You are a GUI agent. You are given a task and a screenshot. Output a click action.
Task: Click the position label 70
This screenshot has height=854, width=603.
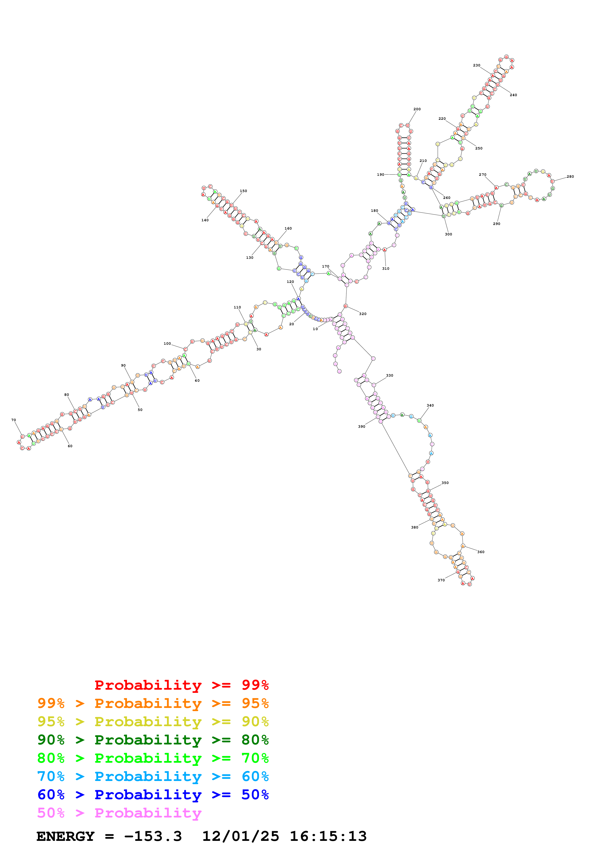click(14, 420)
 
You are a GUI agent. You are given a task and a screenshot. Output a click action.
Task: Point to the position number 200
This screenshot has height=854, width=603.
click(417, 109)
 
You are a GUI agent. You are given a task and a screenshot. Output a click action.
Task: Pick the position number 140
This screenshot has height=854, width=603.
click(205, 220)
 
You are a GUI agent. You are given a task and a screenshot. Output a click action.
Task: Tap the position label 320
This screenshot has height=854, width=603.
click(363, 314)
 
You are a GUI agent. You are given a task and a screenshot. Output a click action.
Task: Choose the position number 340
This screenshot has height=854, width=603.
click(430, 405)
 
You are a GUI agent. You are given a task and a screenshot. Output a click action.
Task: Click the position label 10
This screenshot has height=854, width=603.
click(315, 329)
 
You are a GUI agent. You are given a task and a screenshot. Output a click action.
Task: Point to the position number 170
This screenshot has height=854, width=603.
click(325, 266)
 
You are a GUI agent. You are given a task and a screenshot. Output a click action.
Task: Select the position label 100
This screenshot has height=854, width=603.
click(167, 344)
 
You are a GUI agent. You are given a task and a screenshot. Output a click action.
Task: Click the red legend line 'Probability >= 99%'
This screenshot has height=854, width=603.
click(181, 685)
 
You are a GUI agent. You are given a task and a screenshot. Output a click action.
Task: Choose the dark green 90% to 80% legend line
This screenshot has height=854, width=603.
click(153, 740)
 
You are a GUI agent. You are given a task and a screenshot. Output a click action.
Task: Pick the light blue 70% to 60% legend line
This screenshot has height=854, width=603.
click(153, 776)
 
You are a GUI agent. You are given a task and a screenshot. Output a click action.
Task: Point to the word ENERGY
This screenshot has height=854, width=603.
click(65, 836)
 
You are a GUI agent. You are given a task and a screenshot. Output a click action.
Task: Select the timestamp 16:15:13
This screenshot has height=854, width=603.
click(328, 836)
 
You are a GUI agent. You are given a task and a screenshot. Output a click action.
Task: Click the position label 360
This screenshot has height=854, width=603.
click(481, 552)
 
